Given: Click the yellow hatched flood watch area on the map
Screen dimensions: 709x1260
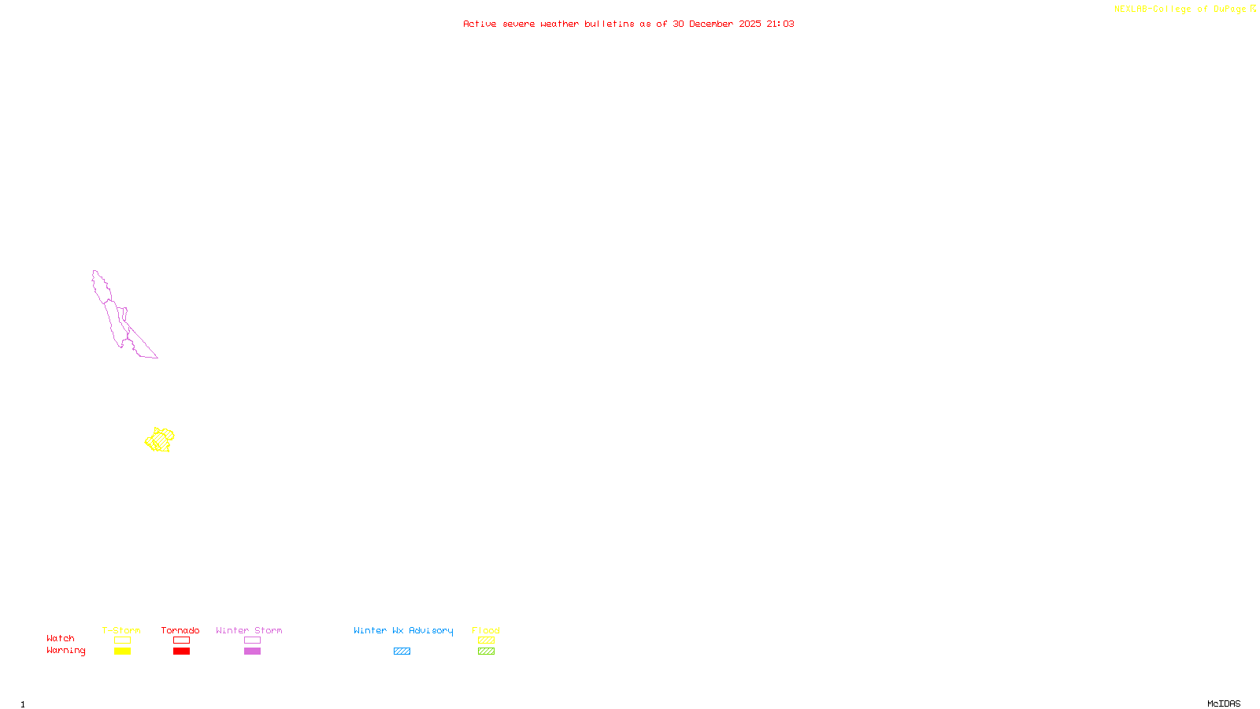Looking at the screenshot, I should pos(160,440).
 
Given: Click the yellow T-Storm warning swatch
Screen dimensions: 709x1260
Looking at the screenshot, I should pos(122,651).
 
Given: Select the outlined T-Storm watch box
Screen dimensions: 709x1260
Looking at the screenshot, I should pos(122,640).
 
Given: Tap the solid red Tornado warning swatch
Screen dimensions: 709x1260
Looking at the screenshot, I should pos(181,651).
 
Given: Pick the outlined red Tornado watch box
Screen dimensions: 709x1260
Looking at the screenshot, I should pos(181,640).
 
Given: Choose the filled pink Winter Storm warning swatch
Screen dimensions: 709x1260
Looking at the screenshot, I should pos(252,651).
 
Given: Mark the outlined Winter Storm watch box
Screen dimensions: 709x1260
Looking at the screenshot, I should pos(252,640).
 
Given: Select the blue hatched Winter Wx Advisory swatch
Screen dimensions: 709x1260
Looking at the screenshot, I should pos(402,651).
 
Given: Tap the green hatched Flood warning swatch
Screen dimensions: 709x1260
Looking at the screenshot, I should pos(486,651).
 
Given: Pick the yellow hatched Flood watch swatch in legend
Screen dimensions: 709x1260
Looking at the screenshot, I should pos(486,640).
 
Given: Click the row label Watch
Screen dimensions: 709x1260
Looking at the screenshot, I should pos(61,639).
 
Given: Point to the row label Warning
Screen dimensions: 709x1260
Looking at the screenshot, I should pos(65,651).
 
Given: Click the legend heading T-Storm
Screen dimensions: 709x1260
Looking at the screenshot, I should pos(121,630).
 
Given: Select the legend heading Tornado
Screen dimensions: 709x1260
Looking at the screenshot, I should pos(180,630).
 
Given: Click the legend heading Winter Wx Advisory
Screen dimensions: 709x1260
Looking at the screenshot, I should pos(403,630).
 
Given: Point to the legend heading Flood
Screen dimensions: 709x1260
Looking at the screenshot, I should pos(486,630).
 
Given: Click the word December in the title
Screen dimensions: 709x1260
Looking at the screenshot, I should pos(711,24).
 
